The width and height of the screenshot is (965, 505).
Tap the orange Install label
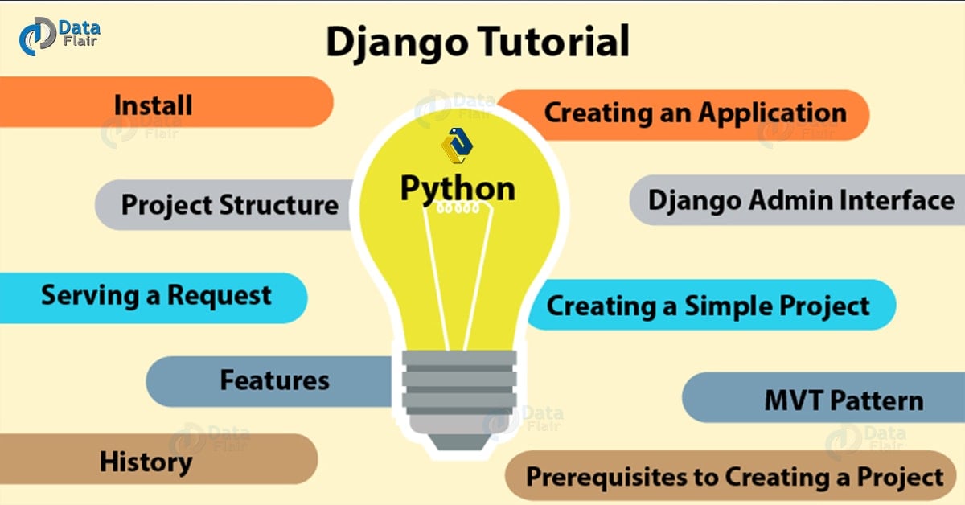click(153, 104)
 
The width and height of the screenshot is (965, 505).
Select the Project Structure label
click(229, 204)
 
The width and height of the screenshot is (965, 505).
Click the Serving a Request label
click(156, 296)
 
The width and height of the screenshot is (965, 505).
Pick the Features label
click(274, 380)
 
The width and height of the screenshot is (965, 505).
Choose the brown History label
click(146, 461)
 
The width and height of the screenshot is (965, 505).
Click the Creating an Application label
click(695, 113)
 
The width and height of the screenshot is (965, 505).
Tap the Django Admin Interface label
click(801, 199)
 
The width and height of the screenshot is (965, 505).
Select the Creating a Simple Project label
click(708, 306)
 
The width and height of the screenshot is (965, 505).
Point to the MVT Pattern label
click(844, 400)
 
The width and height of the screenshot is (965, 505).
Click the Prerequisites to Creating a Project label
click(734, 477)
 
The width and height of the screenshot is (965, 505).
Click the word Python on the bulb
click(458, 187)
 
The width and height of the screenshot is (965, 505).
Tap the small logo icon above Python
click(457, 146)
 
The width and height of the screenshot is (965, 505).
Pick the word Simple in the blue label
click(728, 306)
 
